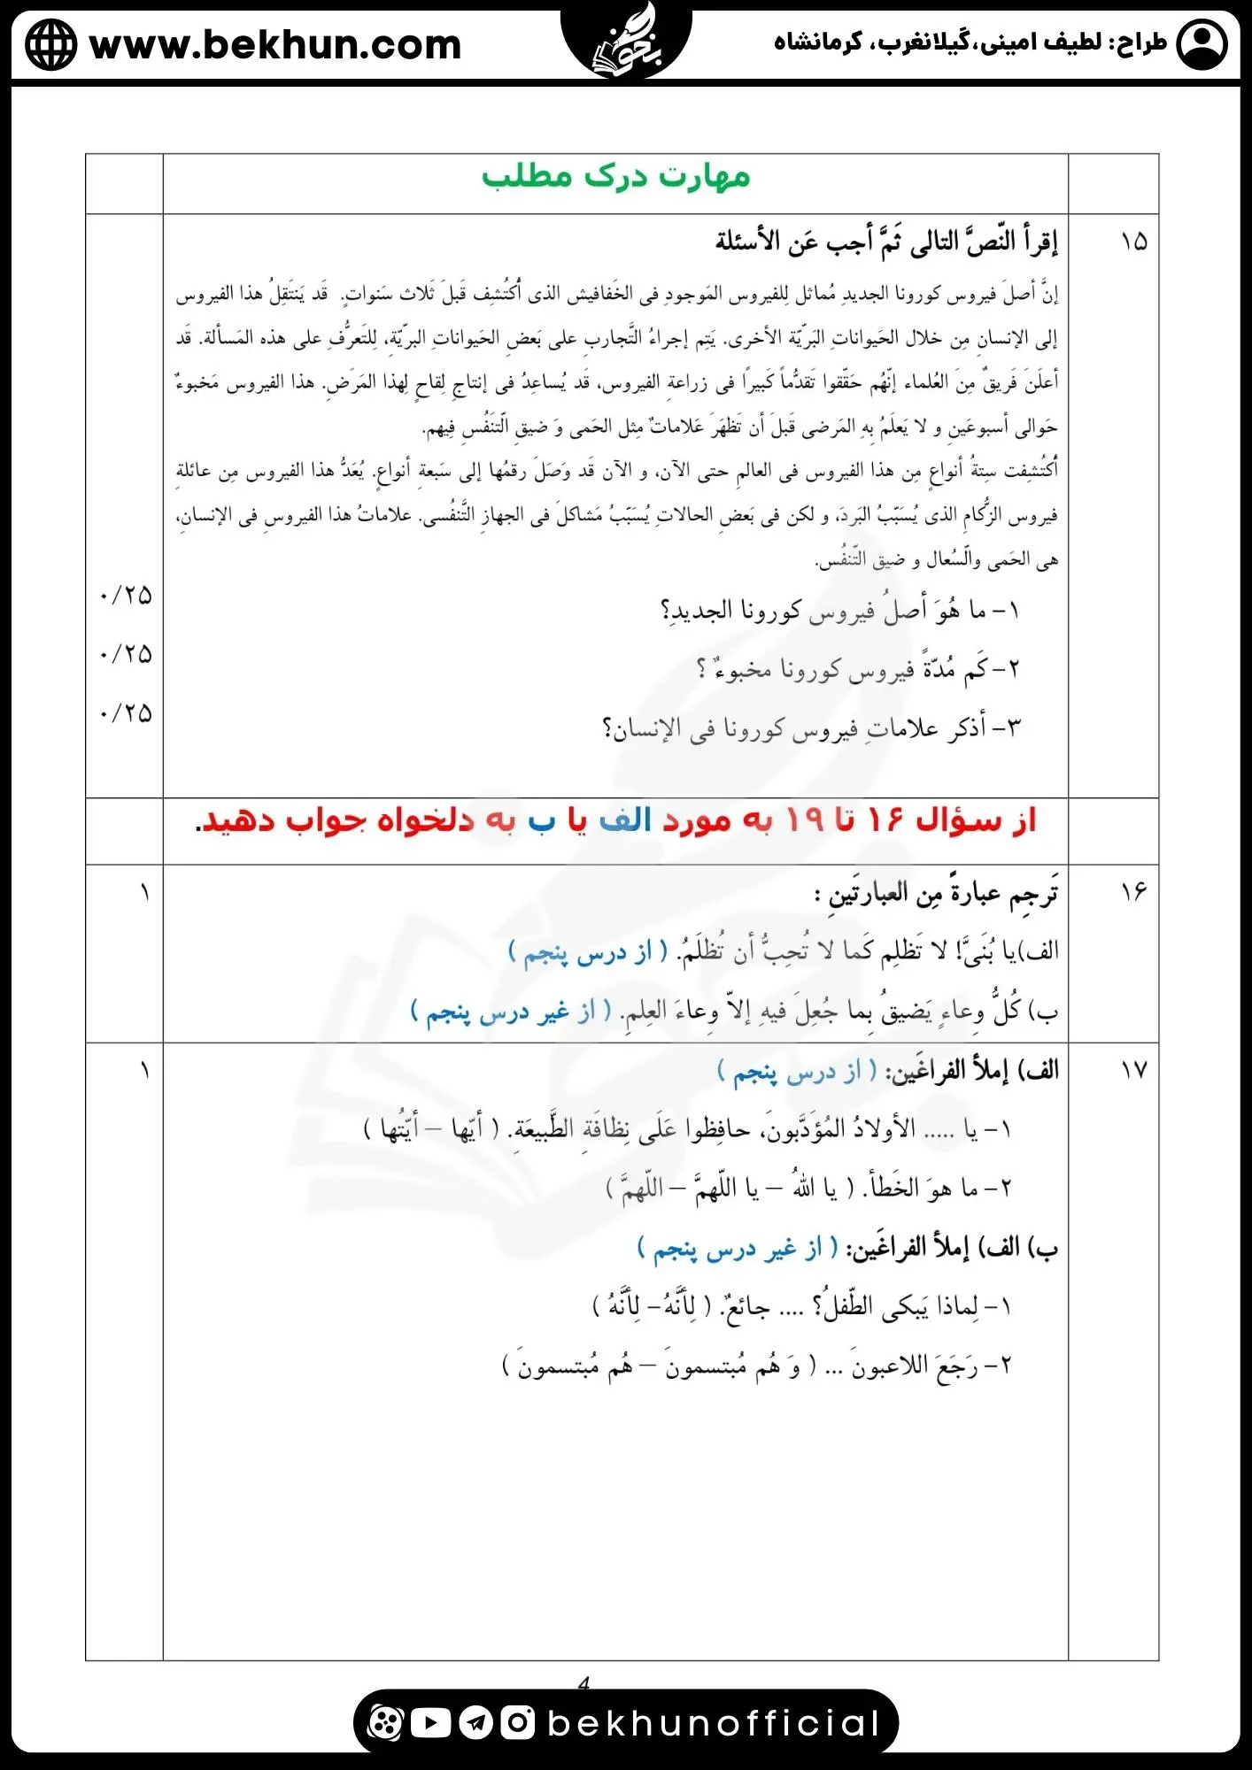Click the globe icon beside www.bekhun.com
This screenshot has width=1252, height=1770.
[x=50, y=44]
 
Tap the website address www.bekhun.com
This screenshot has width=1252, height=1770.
[x=275, y=44]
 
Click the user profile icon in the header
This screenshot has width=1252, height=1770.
[x=1202, y=44]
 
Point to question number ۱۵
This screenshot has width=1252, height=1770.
[x=1133, y=242]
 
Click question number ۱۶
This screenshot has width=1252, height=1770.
[x=1133, y=891]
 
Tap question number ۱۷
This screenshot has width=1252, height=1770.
[x=1133, y=1070]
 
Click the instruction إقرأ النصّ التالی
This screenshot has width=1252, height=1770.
[x=886, y=242]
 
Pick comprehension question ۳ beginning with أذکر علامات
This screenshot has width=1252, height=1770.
[x=811, y=728]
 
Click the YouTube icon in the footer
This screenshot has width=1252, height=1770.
[x=430, y=1722]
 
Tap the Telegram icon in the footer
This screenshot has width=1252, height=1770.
[x=475, y=1722]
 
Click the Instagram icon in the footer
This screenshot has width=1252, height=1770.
[x=518, y=1722]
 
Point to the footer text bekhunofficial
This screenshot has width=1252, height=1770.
[x=713, y=1723]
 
